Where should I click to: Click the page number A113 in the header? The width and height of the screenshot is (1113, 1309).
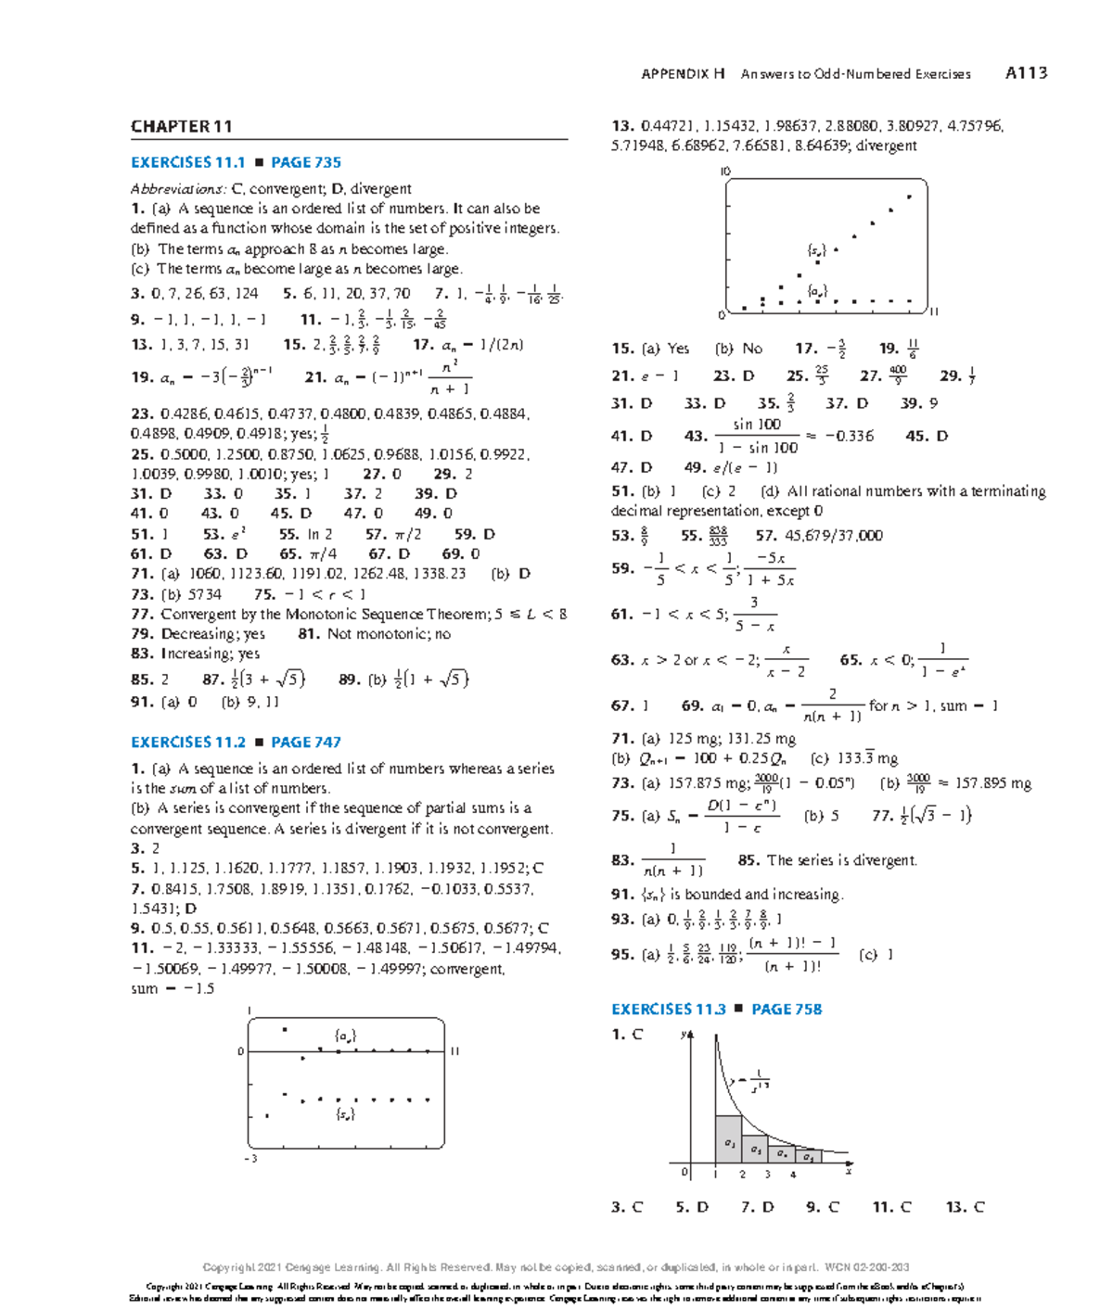[x=1026, y=73]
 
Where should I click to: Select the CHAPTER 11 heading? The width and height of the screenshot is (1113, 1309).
[x=181, y=127]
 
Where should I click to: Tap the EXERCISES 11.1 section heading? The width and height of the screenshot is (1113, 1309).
[x=188, y=162]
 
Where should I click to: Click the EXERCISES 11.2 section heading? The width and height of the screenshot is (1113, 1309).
[x=188, y=742]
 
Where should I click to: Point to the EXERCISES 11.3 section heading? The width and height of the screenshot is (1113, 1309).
[x=669, y=1009]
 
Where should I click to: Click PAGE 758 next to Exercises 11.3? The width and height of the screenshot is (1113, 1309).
[x=787, y=1009]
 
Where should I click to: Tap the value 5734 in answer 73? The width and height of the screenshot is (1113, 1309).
[x=204, y=594]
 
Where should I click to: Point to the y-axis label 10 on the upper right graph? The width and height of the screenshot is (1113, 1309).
[x=725, y=172]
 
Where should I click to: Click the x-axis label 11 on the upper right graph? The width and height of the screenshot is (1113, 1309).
[x=934, y=312]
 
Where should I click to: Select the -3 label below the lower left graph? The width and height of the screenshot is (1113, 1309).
[x=249, y=1158]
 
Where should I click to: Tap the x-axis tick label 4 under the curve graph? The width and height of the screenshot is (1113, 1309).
[x=793, y=1175]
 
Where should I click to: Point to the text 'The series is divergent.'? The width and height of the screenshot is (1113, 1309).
[x=841, y=860]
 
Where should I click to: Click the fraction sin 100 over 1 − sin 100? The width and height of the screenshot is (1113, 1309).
[x=757, y=436]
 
